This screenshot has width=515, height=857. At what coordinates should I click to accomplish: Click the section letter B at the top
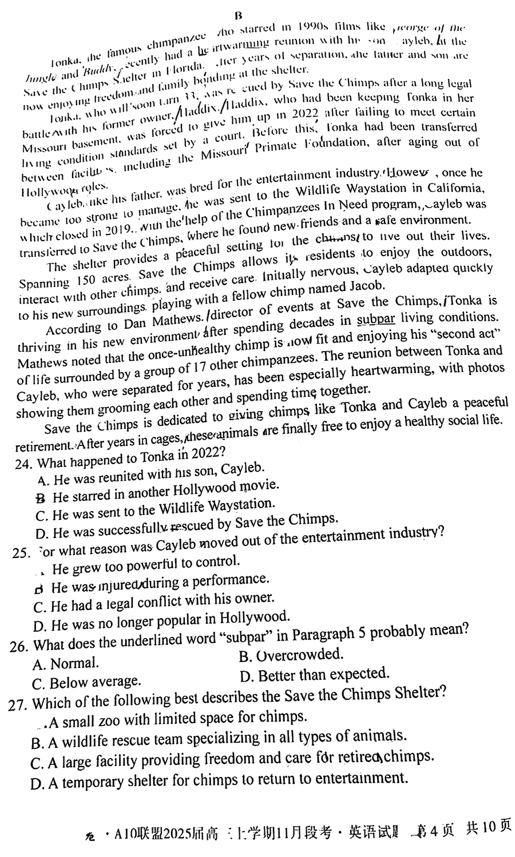click(239, 15)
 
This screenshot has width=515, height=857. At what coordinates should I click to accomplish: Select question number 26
click(19, 646)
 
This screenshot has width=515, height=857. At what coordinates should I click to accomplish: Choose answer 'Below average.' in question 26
click(86, 682)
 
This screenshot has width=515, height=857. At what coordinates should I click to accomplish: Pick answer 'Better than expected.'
click(315, 675)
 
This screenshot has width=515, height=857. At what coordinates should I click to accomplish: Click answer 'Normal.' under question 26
click(66, 664)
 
